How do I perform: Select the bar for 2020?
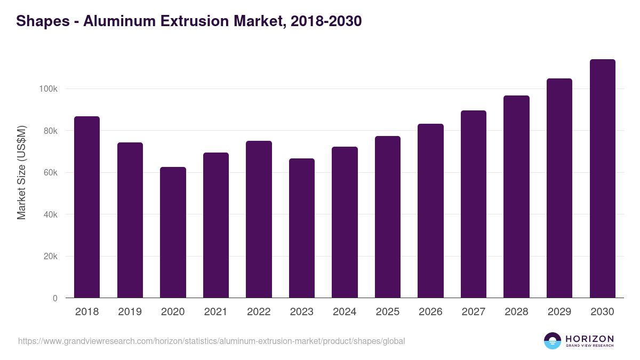pos(173,233)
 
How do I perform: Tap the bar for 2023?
pos(301,228)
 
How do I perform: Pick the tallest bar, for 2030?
pos(602,179)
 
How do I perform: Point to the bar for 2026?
pos(430,211)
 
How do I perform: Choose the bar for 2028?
pos(516,197)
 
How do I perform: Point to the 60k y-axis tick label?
pos(50,173)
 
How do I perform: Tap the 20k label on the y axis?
pos(50,257)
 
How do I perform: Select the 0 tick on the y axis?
pos(55,299)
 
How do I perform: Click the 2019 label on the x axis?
pos(130,312)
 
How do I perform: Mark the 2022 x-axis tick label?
pos(259,312)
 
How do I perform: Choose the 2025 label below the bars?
pos(387,312)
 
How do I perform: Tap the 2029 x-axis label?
pos(559,312)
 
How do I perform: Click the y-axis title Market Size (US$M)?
pos(21,172)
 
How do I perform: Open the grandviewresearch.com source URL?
pos(211,341)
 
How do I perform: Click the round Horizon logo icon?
pos(553,341)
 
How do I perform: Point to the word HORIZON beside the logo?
pos(589,338)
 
